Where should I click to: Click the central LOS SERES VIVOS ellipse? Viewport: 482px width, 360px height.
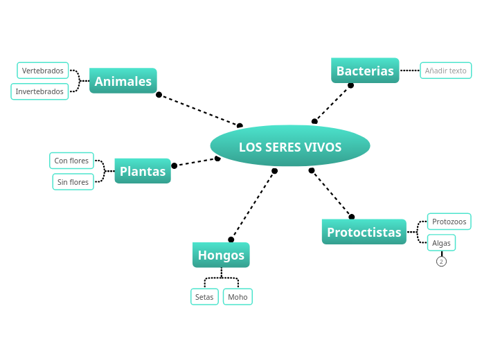click(289, 147)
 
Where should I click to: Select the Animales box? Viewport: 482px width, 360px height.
click(123, 81)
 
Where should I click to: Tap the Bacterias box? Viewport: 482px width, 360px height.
click(365, 71)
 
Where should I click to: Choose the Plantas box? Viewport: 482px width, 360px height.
click(142, 171)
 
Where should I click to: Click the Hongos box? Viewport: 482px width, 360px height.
click(221, 255)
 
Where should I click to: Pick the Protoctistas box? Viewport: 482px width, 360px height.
click(364, 232)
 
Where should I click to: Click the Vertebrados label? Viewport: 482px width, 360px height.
click(43, 71)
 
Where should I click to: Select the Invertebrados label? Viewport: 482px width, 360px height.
click(39, 91)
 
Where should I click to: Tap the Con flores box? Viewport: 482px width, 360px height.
click(71, 161)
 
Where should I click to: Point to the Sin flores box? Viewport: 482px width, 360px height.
click(73, 182)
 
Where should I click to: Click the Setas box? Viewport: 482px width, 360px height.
click(204, 297)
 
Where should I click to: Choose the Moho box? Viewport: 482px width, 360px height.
click(238, 297)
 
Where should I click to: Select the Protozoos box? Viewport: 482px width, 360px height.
click(449, 222)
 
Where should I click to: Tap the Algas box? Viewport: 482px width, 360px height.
click(441, 243)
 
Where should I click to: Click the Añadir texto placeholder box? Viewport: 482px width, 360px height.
click(445, 71)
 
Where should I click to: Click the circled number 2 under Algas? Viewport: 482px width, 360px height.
click(441, 262)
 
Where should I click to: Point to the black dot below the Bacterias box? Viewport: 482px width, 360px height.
click(350, 85)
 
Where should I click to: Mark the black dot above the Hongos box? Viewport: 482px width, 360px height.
click(231, 240)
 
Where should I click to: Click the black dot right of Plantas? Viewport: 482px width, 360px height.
click(175, 165)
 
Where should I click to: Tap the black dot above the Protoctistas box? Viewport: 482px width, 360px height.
click(351, 217)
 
